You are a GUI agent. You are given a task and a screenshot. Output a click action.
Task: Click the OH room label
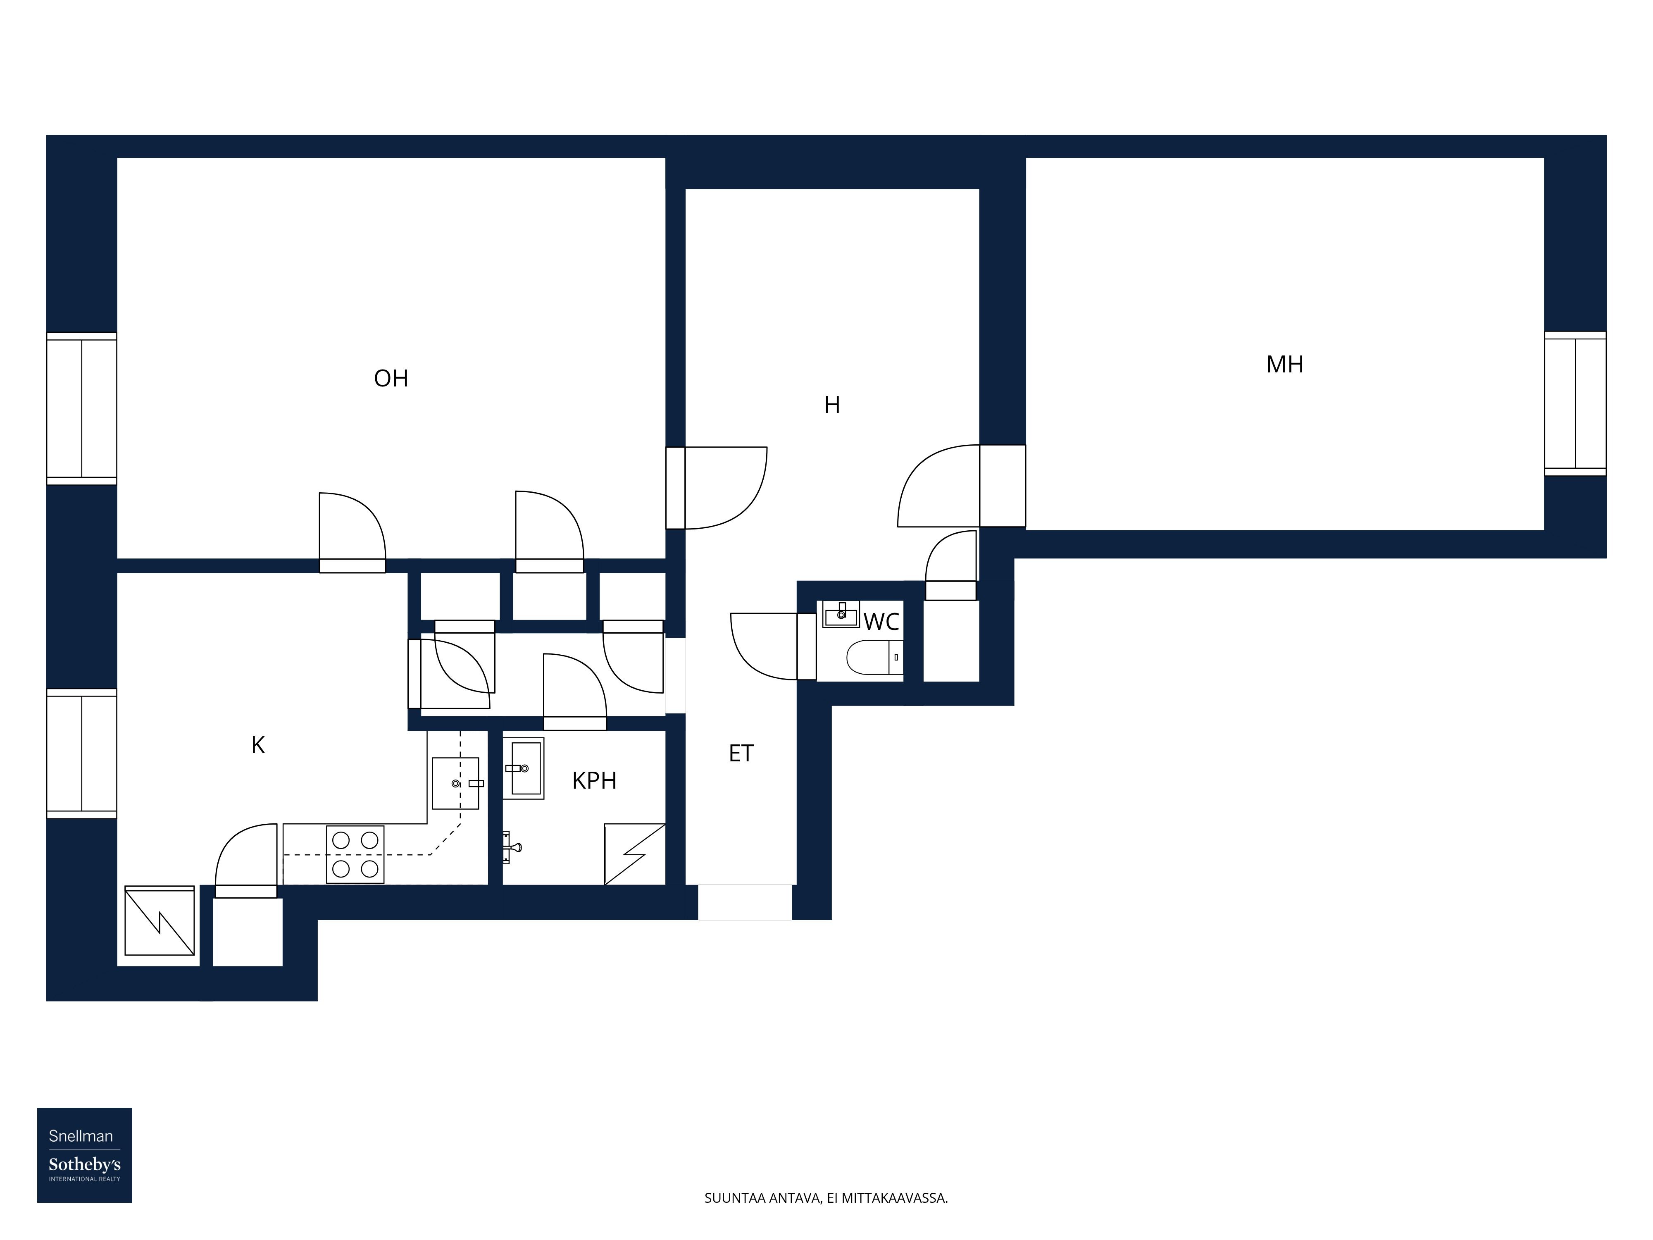391,378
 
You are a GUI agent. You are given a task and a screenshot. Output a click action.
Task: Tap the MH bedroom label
1284,365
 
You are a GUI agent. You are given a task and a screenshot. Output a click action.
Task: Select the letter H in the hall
832,405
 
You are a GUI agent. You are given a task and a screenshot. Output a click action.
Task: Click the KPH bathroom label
594,780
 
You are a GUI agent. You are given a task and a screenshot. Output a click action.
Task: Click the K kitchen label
258,745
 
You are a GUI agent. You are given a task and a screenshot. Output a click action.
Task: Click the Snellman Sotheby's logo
84,1155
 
